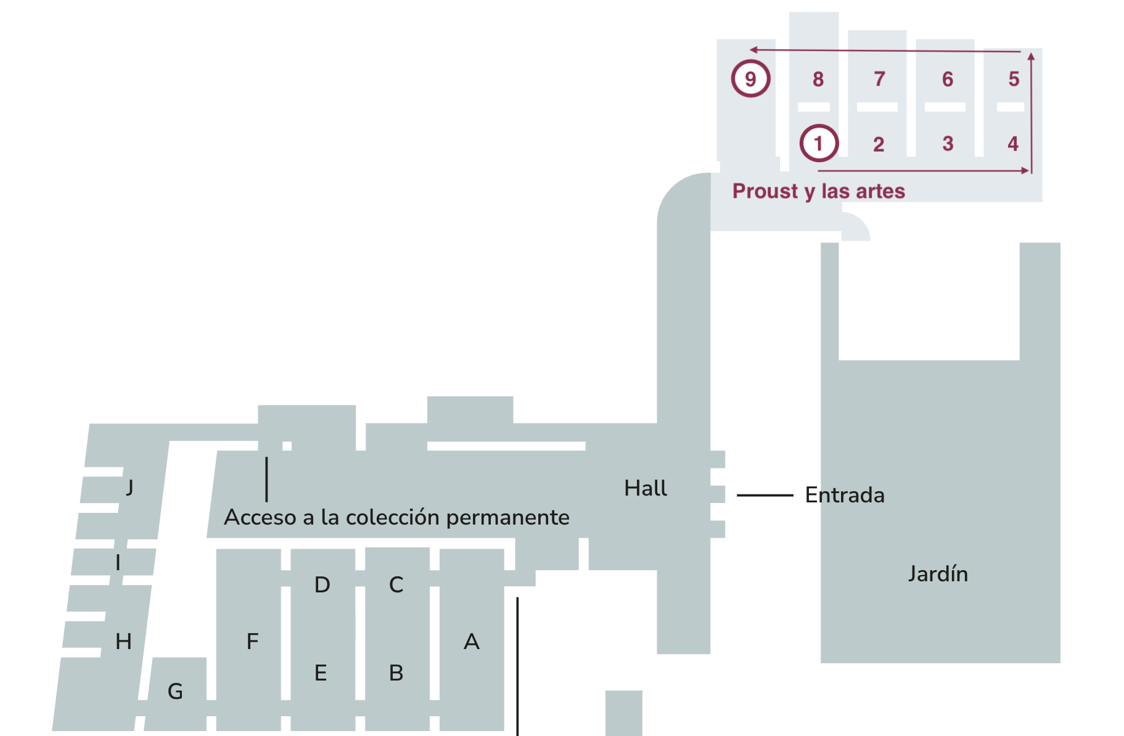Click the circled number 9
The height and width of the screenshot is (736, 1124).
[750, 79]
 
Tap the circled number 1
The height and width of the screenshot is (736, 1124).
[819, 144]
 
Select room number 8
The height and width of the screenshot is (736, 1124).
[818, 79]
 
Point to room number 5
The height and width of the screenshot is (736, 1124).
[1014, 79]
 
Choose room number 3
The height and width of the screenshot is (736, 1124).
[948, 144]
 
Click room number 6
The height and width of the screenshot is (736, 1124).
[948, 79]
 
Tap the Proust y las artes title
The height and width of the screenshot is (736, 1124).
[818, 191]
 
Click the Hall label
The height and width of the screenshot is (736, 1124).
[645, 488]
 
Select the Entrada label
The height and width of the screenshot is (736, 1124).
[845, 495]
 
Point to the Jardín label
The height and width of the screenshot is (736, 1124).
[937, 574]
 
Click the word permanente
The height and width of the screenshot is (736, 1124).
[507, 518]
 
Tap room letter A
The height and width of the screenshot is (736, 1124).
[472, 642]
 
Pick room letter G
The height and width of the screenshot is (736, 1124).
[175, 692]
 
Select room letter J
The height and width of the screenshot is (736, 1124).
[129, 488]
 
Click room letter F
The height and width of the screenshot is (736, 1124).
[252, 642]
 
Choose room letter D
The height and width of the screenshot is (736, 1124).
[322, 584]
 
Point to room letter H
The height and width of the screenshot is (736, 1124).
[123, 642]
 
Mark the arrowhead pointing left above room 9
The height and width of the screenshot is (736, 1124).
[753, 49]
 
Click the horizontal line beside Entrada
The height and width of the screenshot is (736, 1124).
[765, 495]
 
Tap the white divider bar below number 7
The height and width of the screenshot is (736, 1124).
[877, 107]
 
